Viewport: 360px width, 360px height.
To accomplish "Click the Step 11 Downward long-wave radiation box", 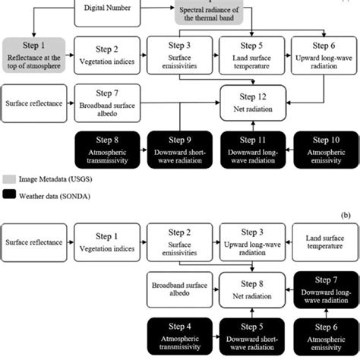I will (252, 148).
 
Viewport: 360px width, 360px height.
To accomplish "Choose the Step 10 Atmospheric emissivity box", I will (323, 148).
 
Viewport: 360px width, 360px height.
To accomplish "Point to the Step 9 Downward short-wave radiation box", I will (179, 148).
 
